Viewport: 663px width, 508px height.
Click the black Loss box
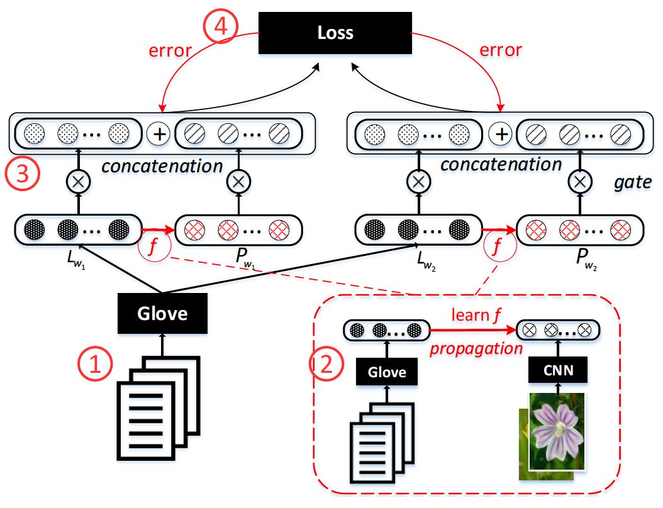click(335, 32)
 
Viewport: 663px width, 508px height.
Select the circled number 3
click(23, 174)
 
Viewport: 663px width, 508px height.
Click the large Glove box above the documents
click(162, 313)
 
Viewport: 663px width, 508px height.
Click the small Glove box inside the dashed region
click(387, 372)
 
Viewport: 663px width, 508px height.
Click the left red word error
click(169, 50)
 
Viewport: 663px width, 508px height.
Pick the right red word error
click(501, 50)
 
